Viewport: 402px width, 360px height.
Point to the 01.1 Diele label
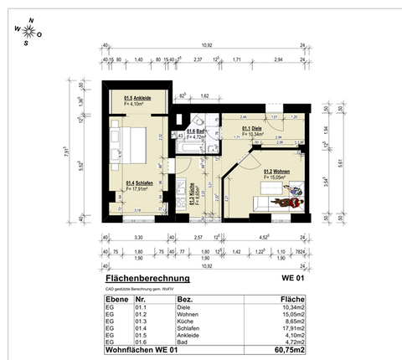point(253,130)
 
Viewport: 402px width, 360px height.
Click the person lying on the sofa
point(291,200)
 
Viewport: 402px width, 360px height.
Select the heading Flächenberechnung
point(147,278)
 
